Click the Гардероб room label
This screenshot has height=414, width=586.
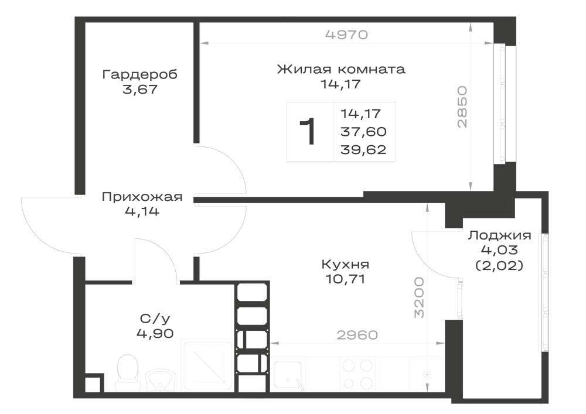(140, 74)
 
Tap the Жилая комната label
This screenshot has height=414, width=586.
(341, 69)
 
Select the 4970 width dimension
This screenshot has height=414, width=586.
(346, 35)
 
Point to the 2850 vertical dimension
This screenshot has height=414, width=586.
(462, 107)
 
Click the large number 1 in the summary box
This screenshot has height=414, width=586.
(308, 131)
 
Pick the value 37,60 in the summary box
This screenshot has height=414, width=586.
(363, 131)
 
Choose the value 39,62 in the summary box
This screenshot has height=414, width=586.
(363, 150)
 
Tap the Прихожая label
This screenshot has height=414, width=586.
(142, 197)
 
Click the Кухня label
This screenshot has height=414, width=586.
(345, 264)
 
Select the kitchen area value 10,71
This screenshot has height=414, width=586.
(345, 279)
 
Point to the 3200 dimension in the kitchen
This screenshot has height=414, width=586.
(420, 297)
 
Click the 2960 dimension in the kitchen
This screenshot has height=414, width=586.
(357, 335)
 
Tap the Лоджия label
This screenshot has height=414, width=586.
(500, 235)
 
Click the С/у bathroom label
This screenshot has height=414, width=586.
(155, 319)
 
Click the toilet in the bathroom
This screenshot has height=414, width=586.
(128, 372)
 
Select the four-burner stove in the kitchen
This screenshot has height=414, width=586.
(357, 374)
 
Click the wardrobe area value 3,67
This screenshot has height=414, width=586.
(140, 90)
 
